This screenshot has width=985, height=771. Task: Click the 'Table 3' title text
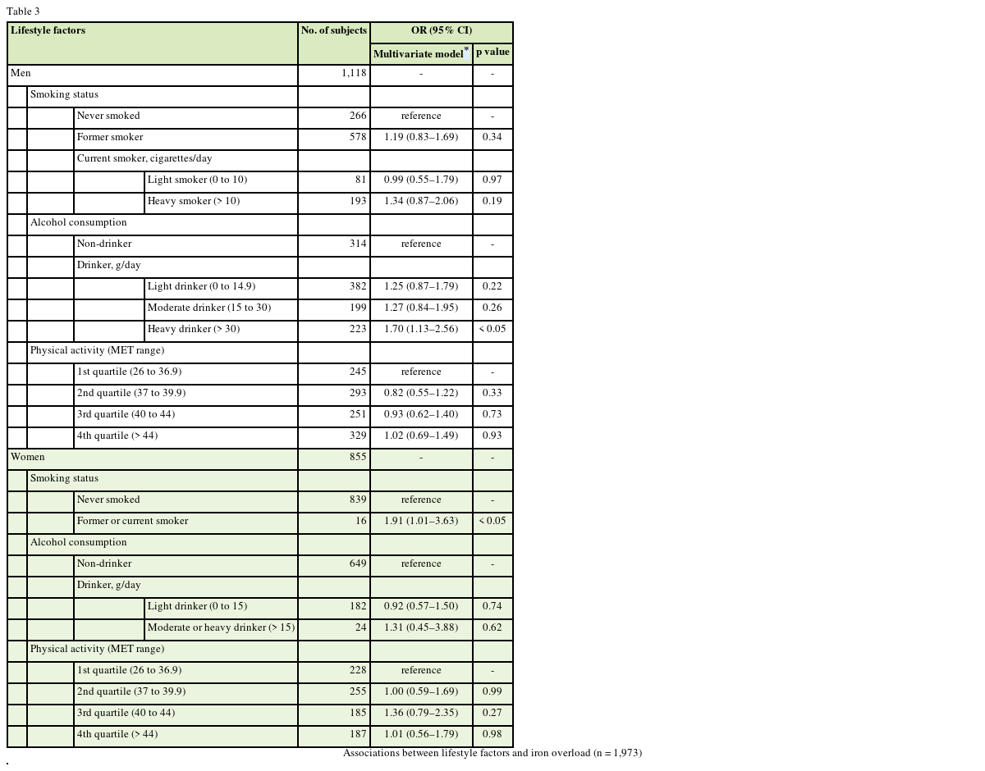pyautogui.click(x=23, y=11)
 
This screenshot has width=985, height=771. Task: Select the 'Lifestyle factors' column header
pyautogui.click(x=48, y=31)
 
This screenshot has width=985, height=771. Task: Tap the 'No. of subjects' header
pyautogui.click(x=333, y=31)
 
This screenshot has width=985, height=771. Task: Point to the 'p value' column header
pyautogui.click(x=492, y=52)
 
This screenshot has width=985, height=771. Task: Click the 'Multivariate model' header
pyautogui.click(x=418, y=54)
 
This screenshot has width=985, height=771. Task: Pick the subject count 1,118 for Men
pyautogui.click(x=354, y=74)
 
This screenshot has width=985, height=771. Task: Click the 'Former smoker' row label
pyautogui.click(x=110, y=138)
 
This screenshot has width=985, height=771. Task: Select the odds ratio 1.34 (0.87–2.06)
pyautogui.click(x=421, y=202)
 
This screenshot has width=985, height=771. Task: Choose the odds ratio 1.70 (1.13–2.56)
pyautogui.click(x=421, y=330)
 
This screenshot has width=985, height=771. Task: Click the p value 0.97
pyautogui.click(x=492, y=180)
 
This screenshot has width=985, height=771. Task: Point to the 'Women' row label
pyautogui.click(x=28, y=458)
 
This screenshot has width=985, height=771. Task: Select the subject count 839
pyautogui.click(x=358, y=500)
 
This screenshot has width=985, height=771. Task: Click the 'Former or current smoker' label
pyautogui.click(x=132, y=522)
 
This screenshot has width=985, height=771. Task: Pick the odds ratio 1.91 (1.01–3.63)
pyautogui.click(x=421, y=522)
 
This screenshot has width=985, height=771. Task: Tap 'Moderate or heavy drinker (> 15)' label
pyautogui.click(x=221, y=628)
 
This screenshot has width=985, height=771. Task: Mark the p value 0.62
pyautogui.click(x=492, y=628)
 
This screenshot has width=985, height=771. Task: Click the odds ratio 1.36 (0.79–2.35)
pyautogui.click(x=421, y=714)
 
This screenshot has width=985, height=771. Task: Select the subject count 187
pyautogui.click(x=358, y=735)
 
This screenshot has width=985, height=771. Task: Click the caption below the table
pyautogui.click(x=492, y=754)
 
